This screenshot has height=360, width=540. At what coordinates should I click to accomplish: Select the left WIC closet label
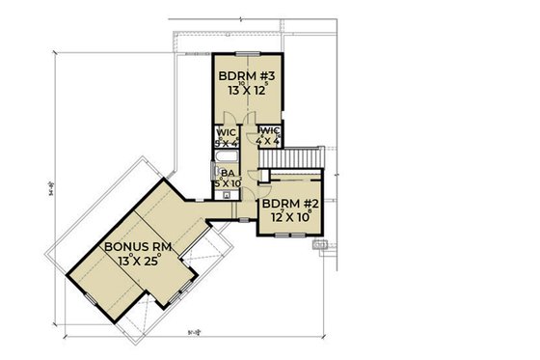click(x=226, y=133)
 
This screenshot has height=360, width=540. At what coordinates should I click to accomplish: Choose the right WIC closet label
click(x=269, y=131)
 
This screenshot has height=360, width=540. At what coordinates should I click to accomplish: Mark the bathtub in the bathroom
click(x=228, y=157)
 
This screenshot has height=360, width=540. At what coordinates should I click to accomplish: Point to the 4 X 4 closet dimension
click(x=269, y=141)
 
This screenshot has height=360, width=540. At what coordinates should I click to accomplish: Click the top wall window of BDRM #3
click(x=245, y=49)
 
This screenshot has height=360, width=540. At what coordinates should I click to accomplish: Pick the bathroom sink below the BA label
click(x=227, y=194)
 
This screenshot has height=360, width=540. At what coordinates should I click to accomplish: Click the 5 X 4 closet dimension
click(x=226, y=143)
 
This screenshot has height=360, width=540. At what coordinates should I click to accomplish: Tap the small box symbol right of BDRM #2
click(x=323, y=244)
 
